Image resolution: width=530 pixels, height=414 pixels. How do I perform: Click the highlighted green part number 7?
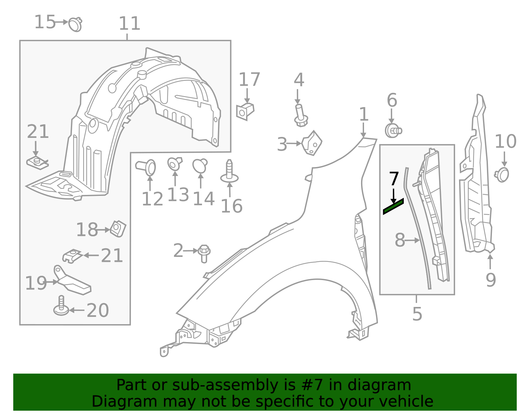coord(393,207)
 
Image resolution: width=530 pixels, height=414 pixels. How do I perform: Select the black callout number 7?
coord(394,179)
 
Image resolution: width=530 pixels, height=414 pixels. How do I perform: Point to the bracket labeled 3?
coord(312,143)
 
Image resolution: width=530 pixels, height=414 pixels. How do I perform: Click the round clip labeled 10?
coord(502,174)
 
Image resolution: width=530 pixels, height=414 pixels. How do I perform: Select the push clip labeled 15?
coord(76,24)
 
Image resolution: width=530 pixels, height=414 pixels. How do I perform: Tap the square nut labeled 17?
coord(245,111)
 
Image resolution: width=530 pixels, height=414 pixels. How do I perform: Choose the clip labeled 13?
coord(174,163)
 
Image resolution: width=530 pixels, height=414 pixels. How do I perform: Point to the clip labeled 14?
coord(200,165)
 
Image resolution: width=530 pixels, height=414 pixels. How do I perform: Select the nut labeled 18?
coord(118,228)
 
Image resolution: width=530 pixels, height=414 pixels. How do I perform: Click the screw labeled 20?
coord(61,307)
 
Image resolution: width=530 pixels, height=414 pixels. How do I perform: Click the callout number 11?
coord(130,24)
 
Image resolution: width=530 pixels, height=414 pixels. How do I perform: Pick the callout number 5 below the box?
coord(417,314)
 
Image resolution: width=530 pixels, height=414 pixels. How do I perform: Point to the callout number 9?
coord(491,280)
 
